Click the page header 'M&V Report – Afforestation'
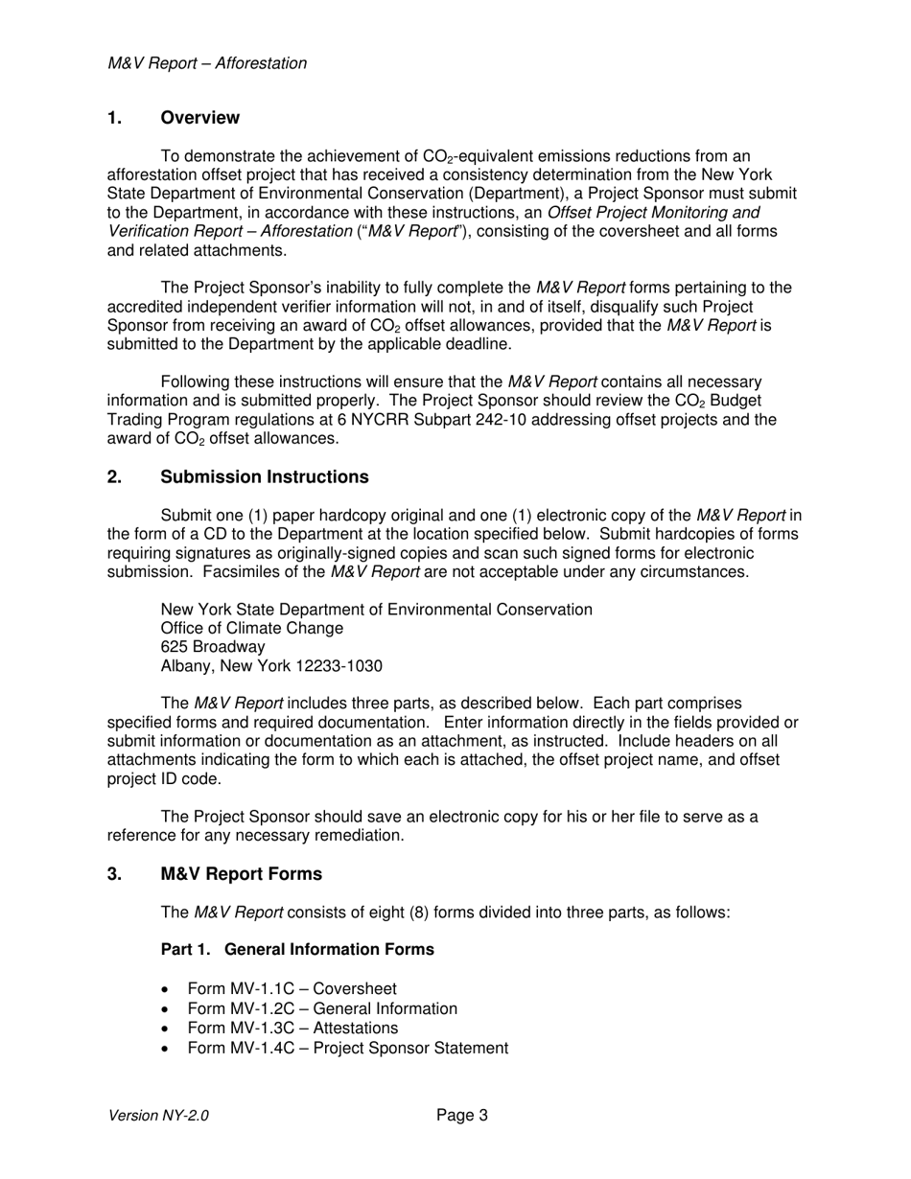[x=207, y=63]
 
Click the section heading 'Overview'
[x=199, y=118]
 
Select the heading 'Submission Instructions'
[x=264, y=477]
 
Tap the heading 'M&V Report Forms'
[x=241, y=874]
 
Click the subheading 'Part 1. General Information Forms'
[x=297, y=949]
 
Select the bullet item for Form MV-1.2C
[x=321, y=1008]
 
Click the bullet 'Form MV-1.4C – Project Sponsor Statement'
[x=347, y=1048]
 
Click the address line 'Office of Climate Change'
[x=251, y=628]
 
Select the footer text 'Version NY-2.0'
[x=158, y=1116]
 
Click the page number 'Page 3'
[x=462, y=1115]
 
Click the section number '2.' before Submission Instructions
[x=114, y=477]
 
